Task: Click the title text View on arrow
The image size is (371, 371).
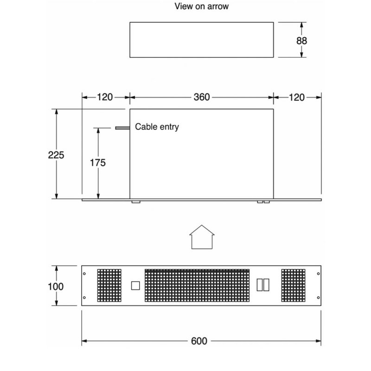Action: pyautogui.click(x=201, y=6)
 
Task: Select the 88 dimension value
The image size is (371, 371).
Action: pyautogui.click(x=302, y=40)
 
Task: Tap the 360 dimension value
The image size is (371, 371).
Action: pyautogui.click(x=202, y=97)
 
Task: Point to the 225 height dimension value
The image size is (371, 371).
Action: pyautogui.click(x=56, y=155)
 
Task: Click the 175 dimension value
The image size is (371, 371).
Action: pyautogui.click(x=98, y=163)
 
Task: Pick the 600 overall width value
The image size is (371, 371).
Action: pyautogui.click(x=199, y=341)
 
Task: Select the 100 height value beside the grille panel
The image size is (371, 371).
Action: pyautogui.click(x=56, y=286)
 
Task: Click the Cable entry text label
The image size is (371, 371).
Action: pyautogui.click(x=157, y=127)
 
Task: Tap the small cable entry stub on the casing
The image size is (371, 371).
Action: pyautogui.click(x=122, y=128)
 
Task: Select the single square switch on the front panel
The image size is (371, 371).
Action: pyautogui.click(x=135, y=285)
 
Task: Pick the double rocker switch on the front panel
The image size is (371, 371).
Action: pyautogui.click(x=262, y=285)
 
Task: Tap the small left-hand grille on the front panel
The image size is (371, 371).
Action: pyautogui.click(x=109, y=285)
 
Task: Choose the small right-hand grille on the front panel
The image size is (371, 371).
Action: pyautogui.click(x=294, y=285)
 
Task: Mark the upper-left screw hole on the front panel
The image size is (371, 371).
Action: pyautogui.click(x=84, y=273)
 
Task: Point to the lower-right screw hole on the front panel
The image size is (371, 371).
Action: pyautogui.click(x=317, y=297)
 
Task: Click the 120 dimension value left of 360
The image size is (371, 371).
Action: pyautogui.click(x=105, y=97)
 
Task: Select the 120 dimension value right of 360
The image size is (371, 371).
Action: pyautogui.click(x=296, y=97)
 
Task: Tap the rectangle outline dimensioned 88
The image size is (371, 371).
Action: pyautogui.click(x=202, y=39)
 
